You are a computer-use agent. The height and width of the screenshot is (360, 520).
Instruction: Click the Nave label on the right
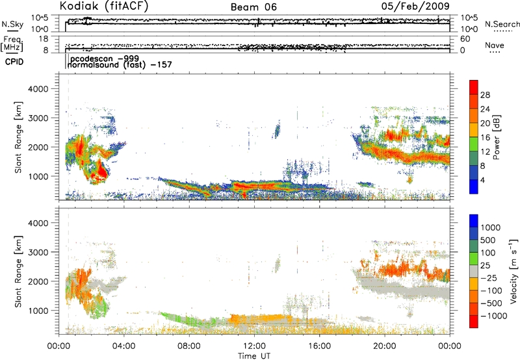click(x=495, y=45)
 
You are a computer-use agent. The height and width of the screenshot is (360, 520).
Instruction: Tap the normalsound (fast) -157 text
click(x=116, y=65)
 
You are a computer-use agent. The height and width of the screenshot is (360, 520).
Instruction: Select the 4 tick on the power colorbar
click(x=483, y=179)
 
